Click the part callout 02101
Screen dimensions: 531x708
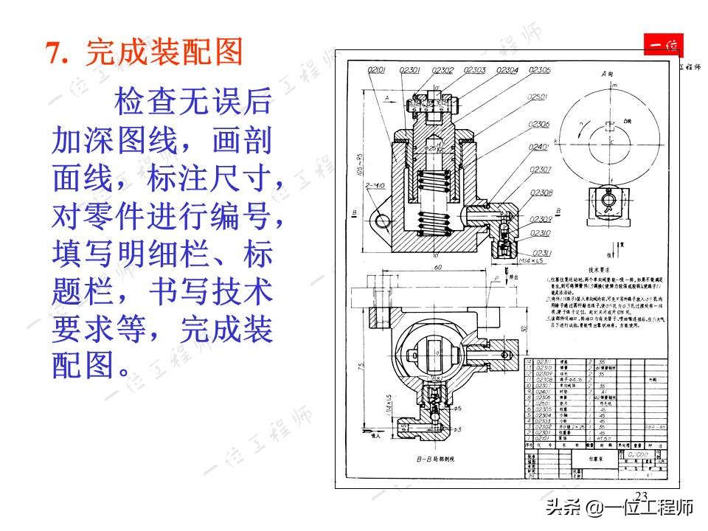pyautogui.click(x=377, y=70)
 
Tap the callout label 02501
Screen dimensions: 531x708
pyautogui.click(x=539, y=97)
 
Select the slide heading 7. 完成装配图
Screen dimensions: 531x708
pyautogui.click(x=144, y=52)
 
